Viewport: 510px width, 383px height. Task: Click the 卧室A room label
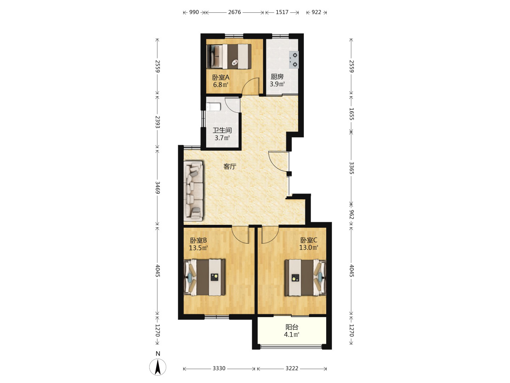pyautogui.click(x=221, y=77)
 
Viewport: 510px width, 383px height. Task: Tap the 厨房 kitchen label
pyautogui.click(x=277, y=77)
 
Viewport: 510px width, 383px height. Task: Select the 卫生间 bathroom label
pyautogui.click(x=222, y=130)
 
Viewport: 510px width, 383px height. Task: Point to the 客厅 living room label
pyautogui.click(x=230, y=166)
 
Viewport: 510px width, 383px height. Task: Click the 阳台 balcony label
pyautogui.click(x=292, y=327)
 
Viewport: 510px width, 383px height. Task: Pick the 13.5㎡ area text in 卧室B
pyautogui.click(x=198, y=248)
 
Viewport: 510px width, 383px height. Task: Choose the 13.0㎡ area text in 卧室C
pyautogui.click(x=308, y=248)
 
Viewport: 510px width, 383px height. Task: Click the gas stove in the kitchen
pyautogui.click(x=294, y=60)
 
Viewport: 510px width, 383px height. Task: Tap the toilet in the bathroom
pyautogui.click(x=213, y=107)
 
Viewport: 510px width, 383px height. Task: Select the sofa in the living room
pyautogui.click(x=194, y=190)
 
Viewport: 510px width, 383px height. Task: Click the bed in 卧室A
pyautogui.click(x=229, y=56)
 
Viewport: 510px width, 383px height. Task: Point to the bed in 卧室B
pyautogui.click(x=204, y=277)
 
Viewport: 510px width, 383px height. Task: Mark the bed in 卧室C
pyautogui.click(x=306, y=278)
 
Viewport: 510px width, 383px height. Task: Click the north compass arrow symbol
pyautogui.click(x=158, y=367)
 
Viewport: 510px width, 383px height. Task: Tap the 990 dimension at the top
pyautogui.click(x=194, y=12)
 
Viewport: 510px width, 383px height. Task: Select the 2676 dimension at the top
pyautogui.click(x=234, y=12)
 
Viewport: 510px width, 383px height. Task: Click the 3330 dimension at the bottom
pyautogui.click(x=219, y=368)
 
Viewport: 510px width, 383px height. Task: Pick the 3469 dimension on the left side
pyautogui.click(x=158, y=188)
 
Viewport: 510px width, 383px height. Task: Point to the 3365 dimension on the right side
pyautogui.click(x=351, y=168)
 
